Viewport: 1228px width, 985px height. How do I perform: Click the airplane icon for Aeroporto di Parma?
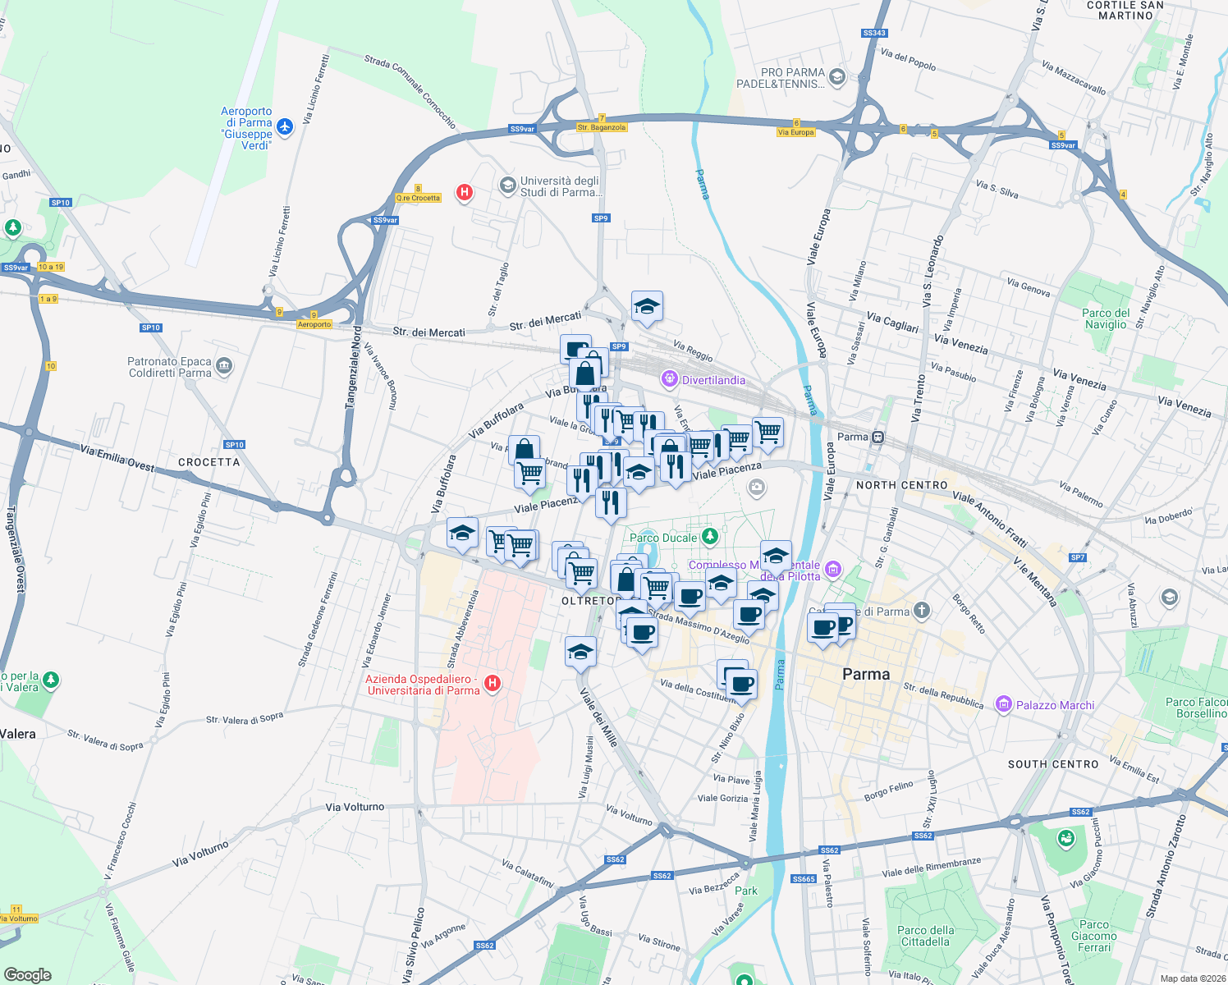(x=285, y=126)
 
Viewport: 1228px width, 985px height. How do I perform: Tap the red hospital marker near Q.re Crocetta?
(x=465, y=192)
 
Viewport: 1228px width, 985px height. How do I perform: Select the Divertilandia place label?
(x=713, y=380)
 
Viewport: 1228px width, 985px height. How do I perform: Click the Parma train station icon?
(x=878, y=437)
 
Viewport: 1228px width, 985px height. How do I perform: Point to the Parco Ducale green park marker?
(x=710, y=537)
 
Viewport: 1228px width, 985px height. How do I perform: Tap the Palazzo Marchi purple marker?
(x=1003, y=704)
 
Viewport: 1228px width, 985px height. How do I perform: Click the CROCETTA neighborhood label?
(x=209, y=462)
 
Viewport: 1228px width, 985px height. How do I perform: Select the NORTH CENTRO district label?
(x=901, y=485)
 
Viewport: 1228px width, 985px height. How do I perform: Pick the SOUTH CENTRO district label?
(x=1053, y=764)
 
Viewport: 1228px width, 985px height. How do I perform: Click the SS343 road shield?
(x=874, y=33)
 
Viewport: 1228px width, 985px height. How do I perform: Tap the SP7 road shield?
(x=1078, y=557)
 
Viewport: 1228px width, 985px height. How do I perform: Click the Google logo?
(x=28, y=974)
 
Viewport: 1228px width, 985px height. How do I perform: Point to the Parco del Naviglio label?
(x=1106, y=318)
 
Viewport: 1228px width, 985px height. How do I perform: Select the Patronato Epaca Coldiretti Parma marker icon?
(x=225, y=366)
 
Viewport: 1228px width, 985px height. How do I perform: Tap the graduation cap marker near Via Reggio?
(x=647, y=306)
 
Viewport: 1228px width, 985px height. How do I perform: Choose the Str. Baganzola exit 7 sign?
(x=602, y=123)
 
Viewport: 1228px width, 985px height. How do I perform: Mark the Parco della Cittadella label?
(x=926, y=936)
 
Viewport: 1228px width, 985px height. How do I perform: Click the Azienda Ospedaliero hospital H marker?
(x=493, y=683)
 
